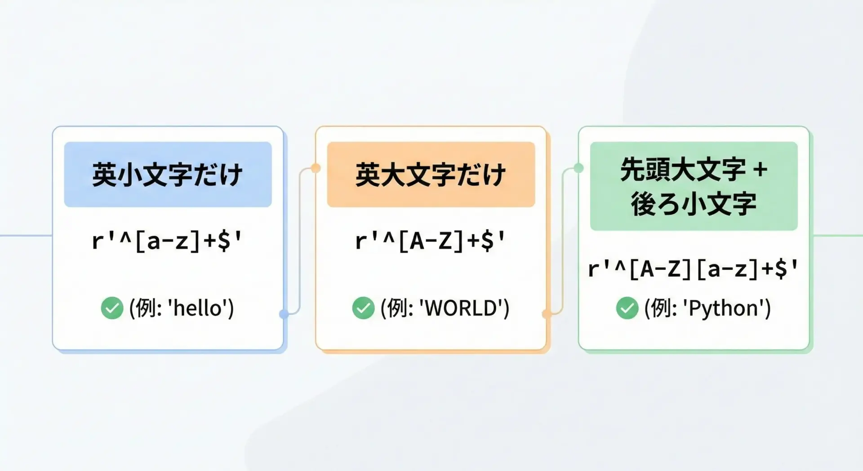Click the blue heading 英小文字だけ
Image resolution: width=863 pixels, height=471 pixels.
[x=167, y=175]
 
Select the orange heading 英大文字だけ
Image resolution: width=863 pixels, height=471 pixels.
[x=431, y=175]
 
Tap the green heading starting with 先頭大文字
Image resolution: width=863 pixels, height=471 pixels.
[x=694, y=186]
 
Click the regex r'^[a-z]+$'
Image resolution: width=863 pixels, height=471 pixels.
[x=167, y=241]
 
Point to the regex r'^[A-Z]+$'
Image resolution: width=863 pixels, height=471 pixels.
[x=431, y=241]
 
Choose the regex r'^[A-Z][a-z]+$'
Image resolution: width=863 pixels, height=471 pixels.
[x=694, y=269]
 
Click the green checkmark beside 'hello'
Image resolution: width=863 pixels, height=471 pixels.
[x=112, y=308]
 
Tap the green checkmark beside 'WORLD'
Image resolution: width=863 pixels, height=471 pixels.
[x=363, y=308]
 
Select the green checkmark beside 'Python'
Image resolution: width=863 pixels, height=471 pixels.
[x=627, y=308]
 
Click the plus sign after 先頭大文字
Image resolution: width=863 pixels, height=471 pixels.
[x=760, y=170]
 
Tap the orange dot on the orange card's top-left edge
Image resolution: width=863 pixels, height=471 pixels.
[x=316, y=168]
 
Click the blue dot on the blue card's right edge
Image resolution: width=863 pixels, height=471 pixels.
[x=284, y=314]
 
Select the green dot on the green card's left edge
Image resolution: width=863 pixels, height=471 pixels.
[x=578, y=168]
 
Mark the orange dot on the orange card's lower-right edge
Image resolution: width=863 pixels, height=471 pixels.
[x=547, y=314]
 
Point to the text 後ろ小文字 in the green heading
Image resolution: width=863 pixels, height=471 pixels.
[x=694, y=204]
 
